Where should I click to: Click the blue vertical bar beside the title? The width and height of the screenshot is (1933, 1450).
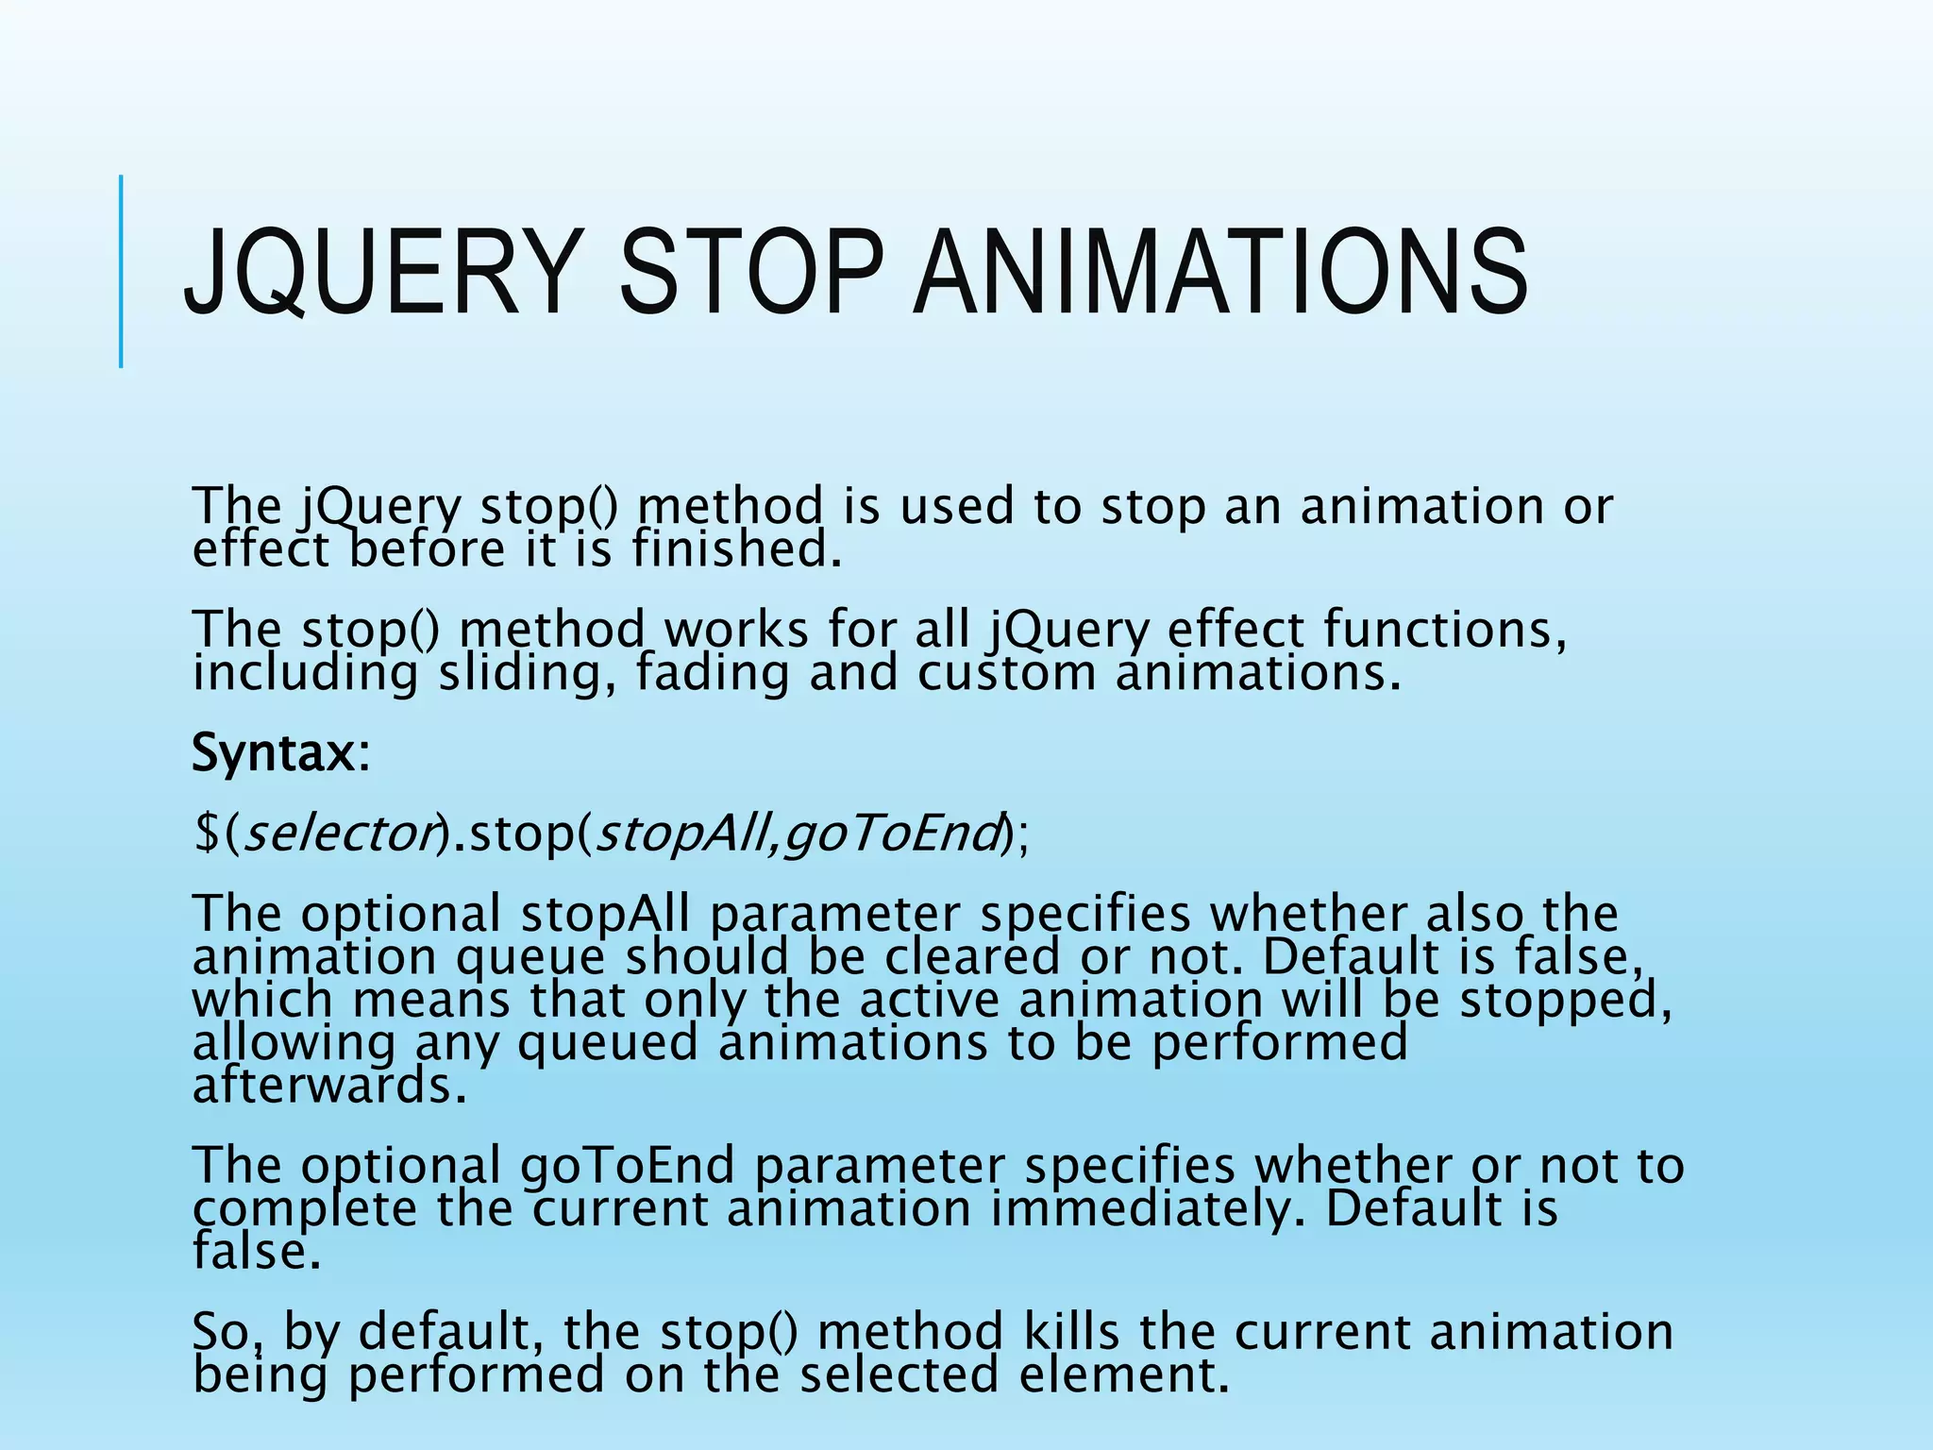pyautogui.click(x=121, y=272)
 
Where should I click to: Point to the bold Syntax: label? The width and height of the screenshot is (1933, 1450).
pyautogui.click(x=281, y=753)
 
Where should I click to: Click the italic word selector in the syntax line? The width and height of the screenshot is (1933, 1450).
pyautogui.click(x=341, y=833)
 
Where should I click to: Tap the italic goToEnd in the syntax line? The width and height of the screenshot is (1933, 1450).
pyautogui.click(x=892, y=833)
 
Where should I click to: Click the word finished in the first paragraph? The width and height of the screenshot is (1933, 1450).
pyautogui.click(x=735, y=550)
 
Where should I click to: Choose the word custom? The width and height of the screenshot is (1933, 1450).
pyautogui.click(x=1006, y=674)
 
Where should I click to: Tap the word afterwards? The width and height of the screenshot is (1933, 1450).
pyautogui.click(x=329, y=1087)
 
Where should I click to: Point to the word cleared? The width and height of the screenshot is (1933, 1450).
pyautogui.click(x=972, y=957)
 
